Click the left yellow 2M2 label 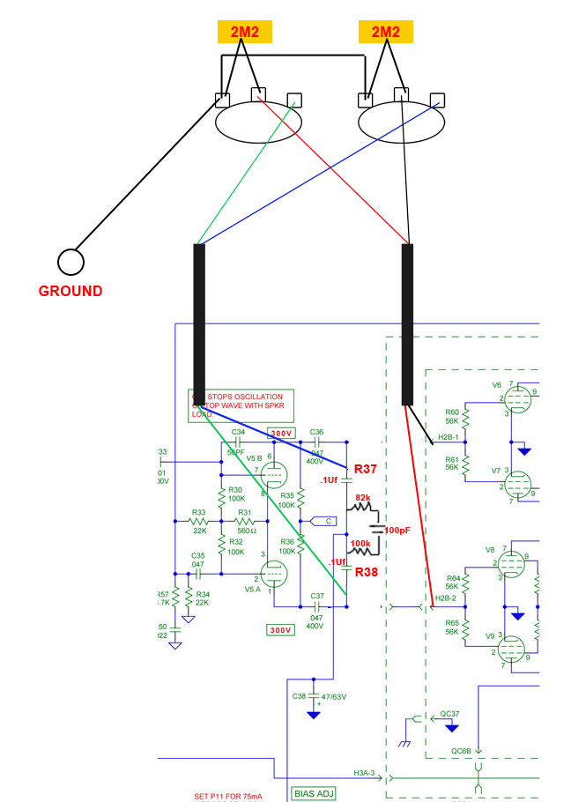(x=245, y=32)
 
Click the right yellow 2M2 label (x=385, y=32)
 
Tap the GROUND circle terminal (x=70, y=262)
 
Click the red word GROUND (x=70, y=291)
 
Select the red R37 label (x=366, y=469)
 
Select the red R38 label (x=366, y=572)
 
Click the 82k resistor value (x=363, y=498)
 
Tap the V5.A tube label (x=253, y=589)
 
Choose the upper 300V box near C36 (x=281, y=434)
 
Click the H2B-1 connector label (x=448, y=436)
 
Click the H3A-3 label (x=365, y=772)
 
